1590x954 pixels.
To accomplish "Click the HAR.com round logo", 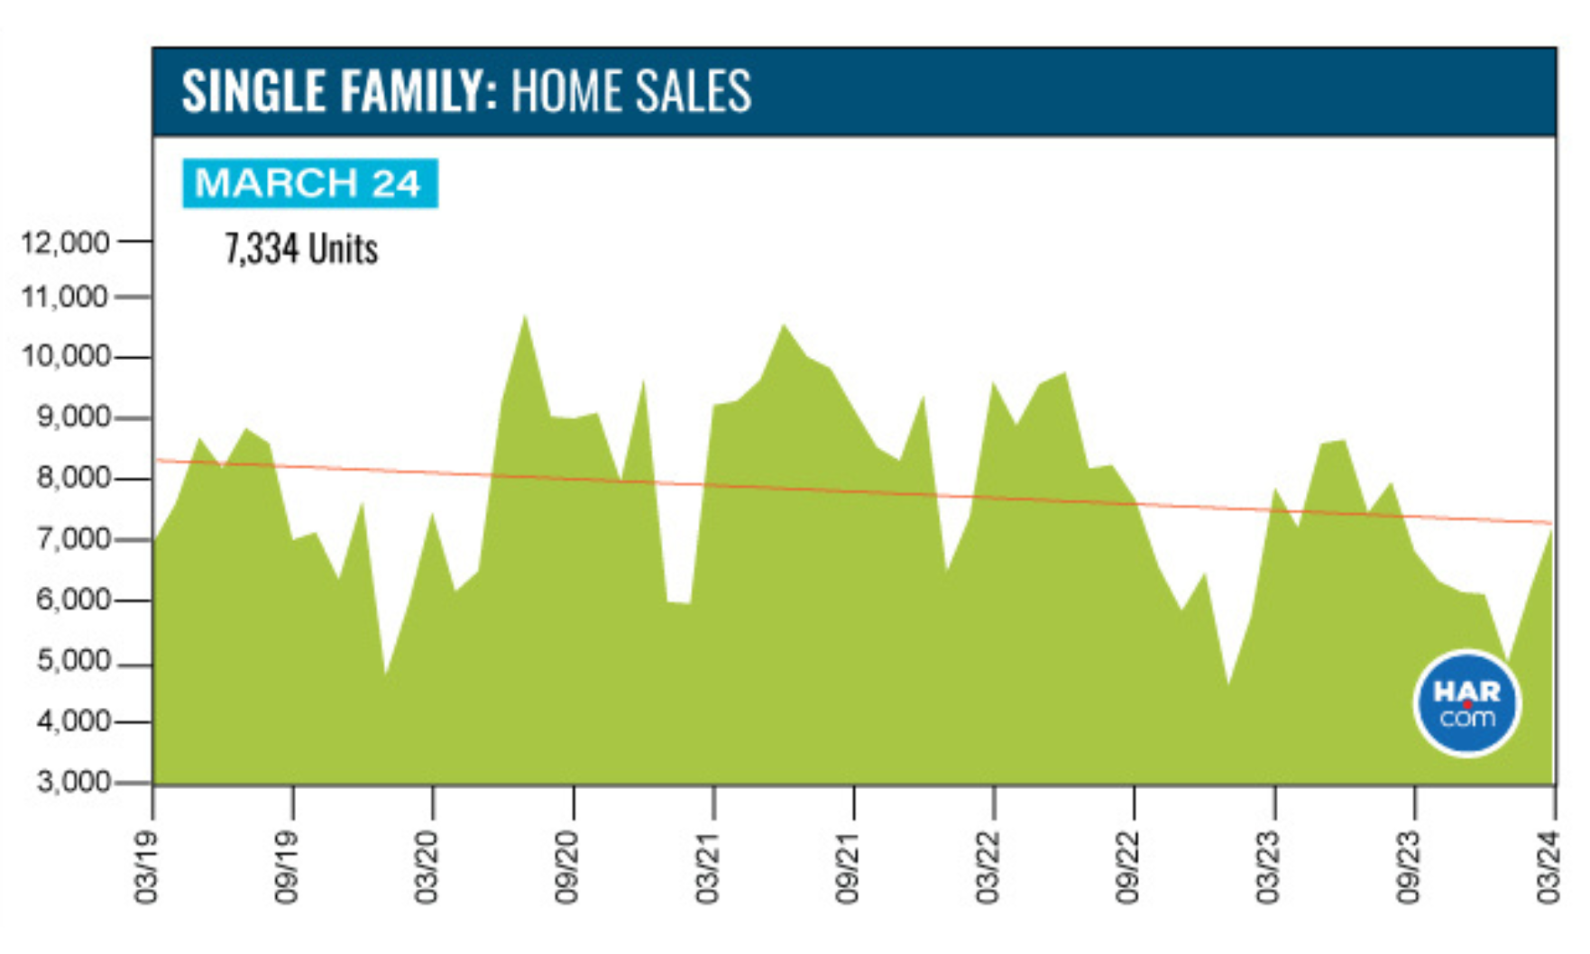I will (1466, 703).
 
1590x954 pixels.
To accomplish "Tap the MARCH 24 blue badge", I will (309, 183).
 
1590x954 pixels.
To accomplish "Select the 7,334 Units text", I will (301, 249).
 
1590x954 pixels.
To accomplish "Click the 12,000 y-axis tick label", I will (64, 242).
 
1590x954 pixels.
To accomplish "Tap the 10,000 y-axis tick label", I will (64, 356).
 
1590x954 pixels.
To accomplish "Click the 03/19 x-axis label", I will (147, 868).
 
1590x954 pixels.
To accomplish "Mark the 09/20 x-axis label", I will (567, 868).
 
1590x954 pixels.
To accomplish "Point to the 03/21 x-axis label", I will (708, 868).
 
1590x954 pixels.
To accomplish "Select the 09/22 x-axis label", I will (1128, 868).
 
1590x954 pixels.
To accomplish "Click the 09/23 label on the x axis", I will (1409, 868).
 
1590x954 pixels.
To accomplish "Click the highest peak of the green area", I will (525, 316).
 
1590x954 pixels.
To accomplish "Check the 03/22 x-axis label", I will (988, 868).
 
